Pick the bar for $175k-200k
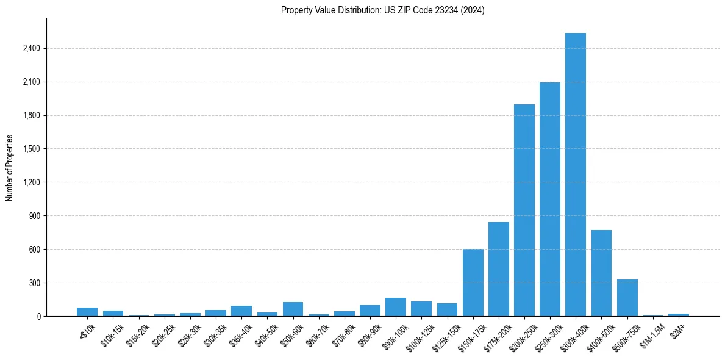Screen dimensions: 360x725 (498, 269)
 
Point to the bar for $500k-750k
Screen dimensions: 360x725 (627, 298)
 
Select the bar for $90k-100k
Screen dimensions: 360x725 (396, 307)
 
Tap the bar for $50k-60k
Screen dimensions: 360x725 (293, 309)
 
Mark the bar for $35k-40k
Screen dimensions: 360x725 (241, 311)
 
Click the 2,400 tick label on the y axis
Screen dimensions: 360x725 (31, 49)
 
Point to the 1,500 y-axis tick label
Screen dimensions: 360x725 (31, 149)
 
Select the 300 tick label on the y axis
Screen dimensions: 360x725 (34, 283)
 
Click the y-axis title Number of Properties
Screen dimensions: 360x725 (10, 168)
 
